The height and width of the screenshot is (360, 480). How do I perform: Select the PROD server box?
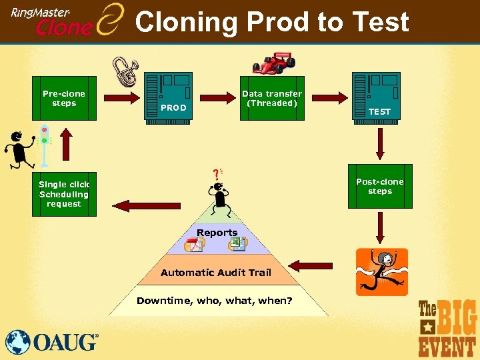point(168,96)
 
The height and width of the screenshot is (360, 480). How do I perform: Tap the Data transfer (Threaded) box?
point(272,97)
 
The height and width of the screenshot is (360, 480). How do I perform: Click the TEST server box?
point(376,96)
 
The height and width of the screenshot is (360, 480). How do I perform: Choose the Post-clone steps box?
point(380,186)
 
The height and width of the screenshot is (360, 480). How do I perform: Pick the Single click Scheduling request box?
point(64,193)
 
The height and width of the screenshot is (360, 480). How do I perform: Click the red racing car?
point(274,63)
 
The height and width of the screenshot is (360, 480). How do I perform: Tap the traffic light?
point(45,144)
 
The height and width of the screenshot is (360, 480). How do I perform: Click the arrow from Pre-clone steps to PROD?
point(121,98)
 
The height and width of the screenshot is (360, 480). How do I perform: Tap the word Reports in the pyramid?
point(217,233)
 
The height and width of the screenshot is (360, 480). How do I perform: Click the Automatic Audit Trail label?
point(216,272)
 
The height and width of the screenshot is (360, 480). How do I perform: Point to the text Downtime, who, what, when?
point(215,301)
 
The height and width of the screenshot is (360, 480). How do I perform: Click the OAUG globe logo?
point(18,342)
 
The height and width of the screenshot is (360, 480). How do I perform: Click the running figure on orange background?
point(381,271)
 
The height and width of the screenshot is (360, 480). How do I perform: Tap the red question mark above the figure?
point(215,175)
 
